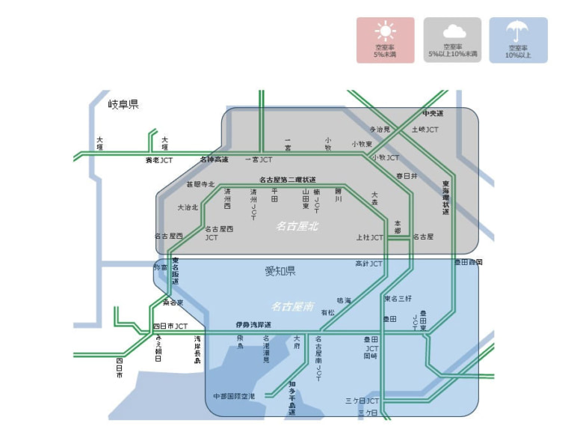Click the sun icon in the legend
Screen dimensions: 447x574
pyautogui.click(x=385, y=32)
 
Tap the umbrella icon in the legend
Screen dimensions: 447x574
pyautogui.click(x=517, y=32)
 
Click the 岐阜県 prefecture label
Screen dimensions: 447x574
pyautogui.click(x=123, y=104)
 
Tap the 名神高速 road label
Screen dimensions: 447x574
pyautogui.click(x=214, y=159)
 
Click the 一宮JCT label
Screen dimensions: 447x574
pyautogui.click(x=259, y=160)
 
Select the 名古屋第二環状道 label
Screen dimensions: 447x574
pyautogui.click(x=288, y=180)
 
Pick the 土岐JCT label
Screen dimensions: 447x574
pyautogui.click(x=425, y=130)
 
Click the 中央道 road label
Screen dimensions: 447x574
pyautogui.click(x=433, y=114)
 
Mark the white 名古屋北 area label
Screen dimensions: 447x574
pyautogui.click(x=297, y=225)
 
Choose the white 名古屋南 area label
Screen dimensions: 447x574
pyautogui.click(x=292, y=305)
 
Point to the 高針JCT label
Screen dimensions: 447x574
pyautogui.click(x=368, y=264)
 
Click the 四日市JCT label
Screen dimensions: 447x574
pyautogui.click(x=170, y=326)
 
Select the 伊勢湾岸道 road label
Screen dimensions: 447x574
pyautogui.click(x=253, y=325)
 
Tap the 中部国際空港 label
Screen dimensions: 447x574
pyautogui.click(x=234, y=395)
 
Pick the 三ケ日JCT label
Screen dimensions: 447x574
pyautogui.click(x=362, y=401)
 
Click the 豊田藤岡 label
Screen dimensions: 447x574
pyautogui.click(x=469, y=263)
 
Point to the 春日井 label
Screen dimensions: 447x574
pyautogui.click(x=407, y=175)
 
